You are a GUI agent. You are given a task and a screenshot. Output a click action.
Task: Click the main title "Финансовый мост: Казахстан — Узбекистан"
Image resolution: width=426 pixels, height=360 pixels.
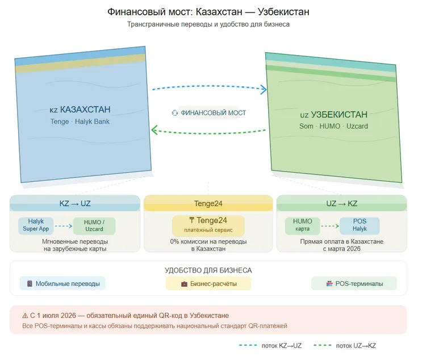208,12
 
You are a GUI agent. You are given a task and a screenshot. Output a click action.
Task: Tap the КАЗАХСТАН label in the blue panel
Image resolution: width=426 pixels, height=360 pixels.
80,110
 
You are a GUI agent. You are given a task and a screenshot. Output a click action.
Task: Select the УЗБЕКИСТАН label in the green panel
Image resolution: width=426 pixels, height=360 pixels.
334,115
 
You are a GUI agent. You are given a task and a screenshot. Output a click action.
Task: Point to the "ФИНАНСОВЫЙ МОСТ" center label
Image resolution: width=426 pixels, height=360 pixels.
209,113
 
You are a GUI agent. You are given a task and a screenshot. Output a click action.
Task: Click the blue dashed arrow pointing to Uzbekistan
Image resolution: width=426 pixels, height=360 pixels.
208,87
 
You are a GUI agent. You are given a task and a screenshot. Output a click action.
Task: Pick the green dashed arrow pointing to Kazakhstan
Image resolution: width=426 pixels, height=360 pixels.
208,134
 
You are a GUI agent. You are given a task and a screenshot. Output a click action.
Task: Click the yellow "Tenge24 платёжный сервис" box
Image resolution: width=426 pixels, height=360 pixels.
208,225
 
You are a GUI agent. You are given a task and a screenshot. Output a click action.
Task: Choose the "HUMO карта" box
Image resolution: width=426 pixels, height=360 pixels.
303,225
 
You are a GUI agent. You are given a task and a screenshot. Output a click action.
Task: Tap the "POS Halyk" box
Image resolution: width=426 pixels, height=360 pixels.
360,225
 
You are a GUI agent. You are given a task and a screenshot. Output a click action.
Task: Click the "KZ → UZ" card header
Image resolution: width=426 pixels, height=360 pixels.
74,203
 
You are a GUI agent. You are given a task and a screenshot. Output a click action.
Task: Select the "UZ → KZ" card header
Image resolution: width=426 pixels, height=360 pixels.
342,203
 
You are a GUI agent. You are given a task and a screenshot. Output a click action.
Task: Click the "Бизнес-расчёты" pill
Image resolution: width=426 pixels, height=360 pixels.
208,283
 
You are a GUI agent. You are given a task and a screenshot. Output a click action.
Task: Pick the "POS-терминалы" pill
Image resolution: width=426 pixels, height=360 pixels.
354,283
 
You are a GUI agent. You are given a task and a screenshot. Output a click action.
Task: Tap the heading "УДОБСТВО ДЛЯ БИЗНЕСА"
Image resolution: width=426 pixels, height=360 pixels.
208,270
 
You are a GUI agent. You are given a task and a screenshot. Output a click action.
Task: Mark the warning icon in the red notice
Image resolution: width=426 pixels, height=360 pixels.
25,315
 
